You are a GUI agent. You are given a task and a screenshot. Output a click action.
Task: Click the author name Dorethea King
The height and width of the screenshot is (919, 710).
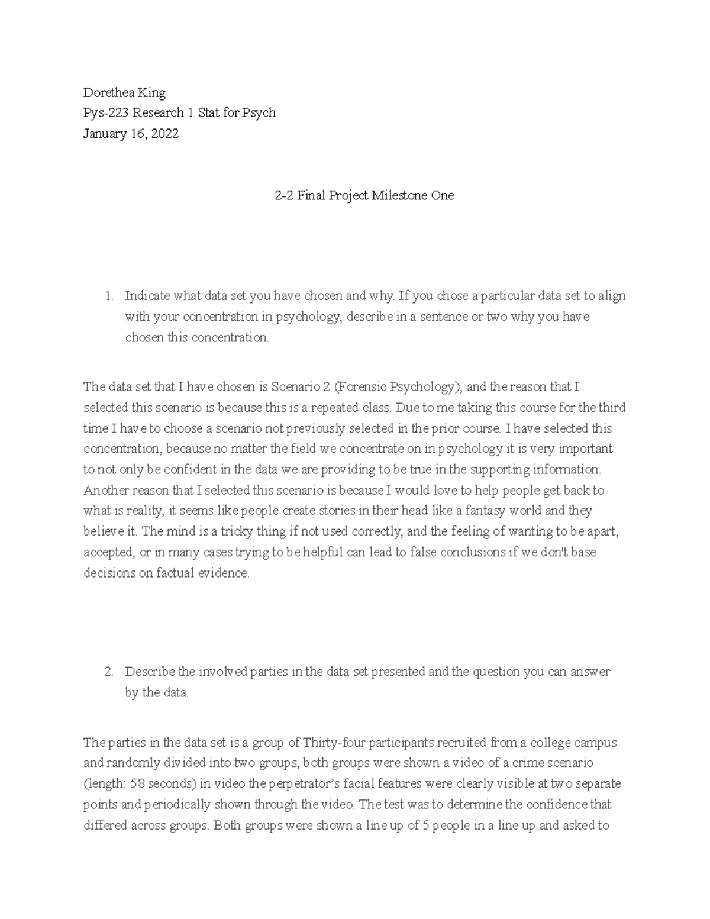tap(124, 92)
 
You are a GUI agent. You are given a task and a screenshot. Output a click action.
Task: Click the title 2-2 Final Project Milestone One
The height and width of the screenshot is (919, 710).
tap(364, 195)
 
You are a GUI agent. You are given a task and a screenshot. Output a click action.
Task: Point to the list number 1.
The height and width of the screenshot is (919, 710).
tap(108, 296)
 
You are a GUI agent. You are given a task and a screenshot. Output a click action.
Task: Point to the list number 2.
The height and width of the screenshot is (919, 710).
tap(108, 672)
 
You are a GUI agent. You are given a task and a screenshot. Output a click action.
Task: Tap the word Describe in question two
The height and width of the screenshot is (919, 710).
tap(150, 672)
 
